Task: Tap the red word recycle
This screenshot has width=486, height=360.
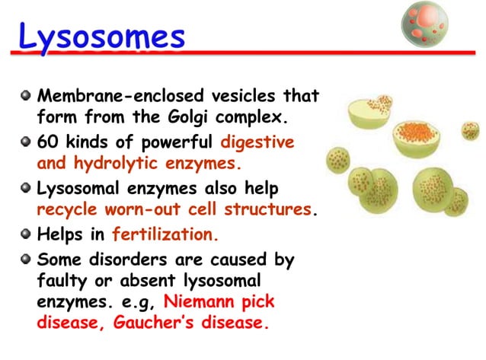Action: point(69,209)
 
